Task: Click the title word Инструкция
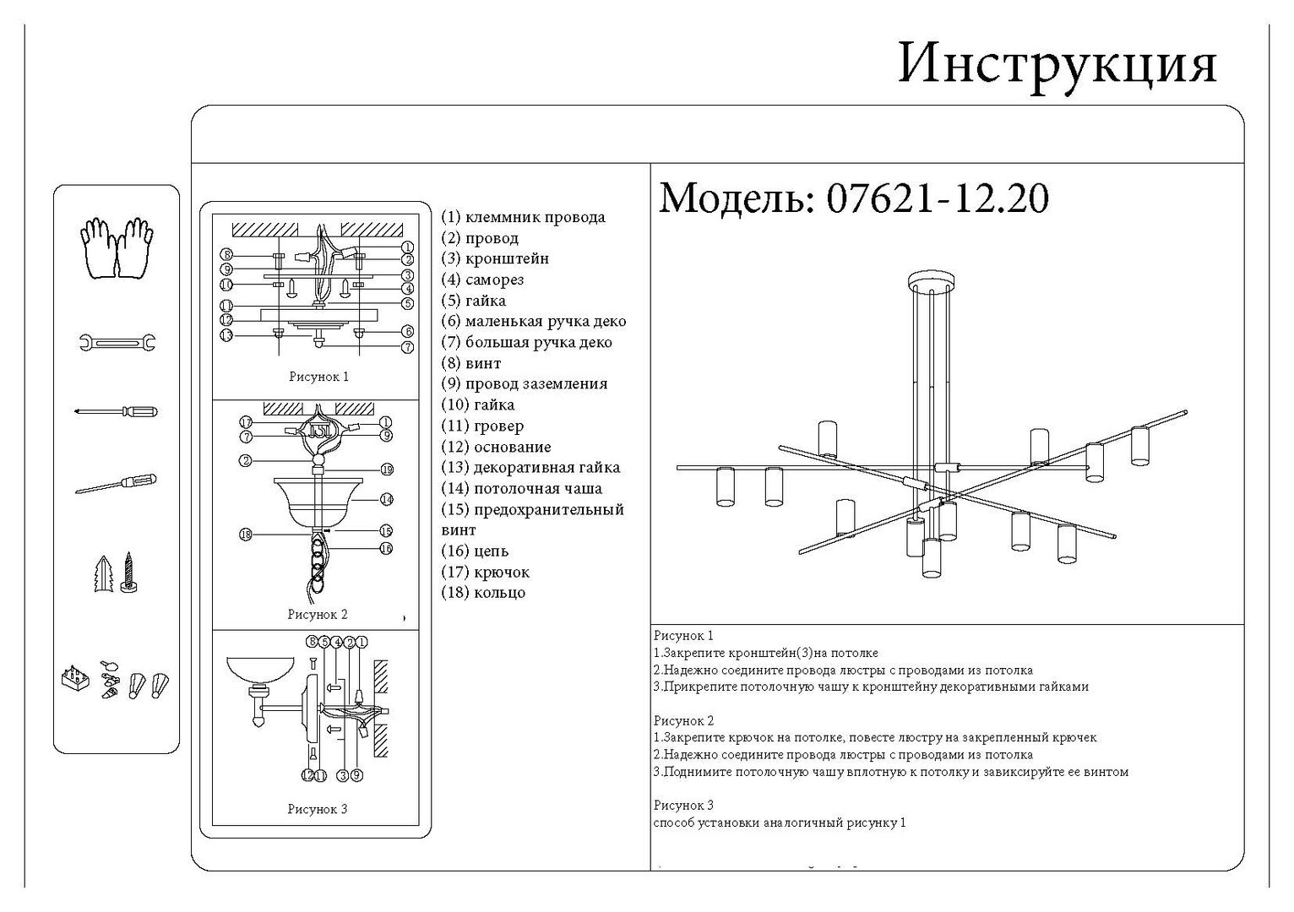pos(1057,62)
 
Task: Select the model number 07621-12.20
pos(937,198)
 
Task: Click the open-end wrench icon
pos(117,342)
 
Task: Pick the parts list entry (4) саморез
pos(482,280)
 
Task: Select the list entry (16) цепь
pos(475,551)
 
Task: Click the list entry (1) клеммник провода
pos(523,217)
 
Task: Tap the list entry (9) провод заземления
pos(524,383)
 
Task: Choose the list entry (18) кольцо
pos(483,592)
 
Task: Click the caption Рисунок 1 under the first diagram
pos(318,377)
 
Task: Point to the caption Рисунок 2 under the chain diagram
pos(317,615)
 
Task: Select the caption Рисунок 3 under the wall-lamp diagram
pos(317,809)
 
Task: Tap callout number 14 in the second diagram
pos(386,499)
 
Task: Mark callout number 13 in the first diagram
pos(226,335)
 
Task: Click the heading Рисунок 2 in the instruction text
pos(683,720)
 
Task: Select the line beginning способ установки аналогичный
pos(779,822)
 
